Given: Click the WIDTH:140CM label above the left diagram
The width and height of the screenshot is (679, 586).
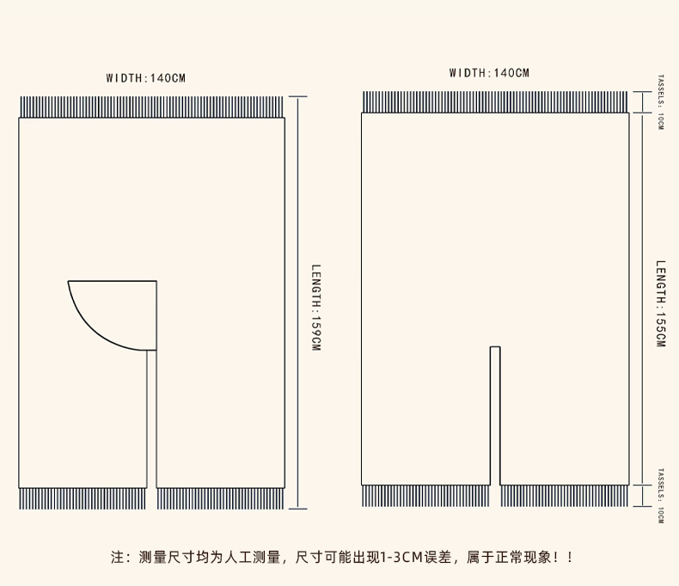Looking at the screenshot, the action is click(x=145, y=78).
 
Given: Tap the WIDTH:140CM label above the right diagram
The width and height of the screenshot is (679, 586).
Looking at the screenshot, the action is click(x=489, y=73).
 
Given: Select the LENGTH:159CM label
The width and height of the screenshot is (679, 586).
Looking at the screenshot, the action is click(x=315, y=307).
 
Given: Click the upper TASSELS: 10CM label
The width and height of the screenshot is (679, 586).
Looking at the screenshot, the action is click(x=660, y=101).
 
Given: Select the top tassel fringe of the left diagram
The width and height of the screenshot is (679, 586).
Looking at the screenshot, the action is click(x=151, y=107).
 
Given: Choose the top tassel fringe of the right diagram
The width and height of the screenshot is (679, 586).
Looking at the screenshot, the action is click(x=495, y=102).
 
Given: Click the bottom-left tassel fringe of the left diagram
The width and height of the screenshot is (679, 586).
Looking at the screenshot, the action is click(x=83, y=498).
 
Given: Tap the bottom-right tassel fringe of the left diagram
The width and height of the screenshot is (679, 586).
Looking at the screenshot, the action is click(x=220, y=498).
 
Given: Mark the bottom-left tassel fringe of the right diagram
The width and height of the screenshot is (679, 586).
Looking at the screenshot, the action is click(x=425, y=496).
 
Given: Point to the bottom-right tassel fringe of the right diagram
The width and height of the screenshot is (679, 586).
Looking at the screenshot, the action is click(x=564, y=496).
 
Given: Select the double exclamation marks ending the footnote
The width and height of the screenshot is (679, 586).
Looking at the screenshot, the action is click(x=562, y=558).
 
